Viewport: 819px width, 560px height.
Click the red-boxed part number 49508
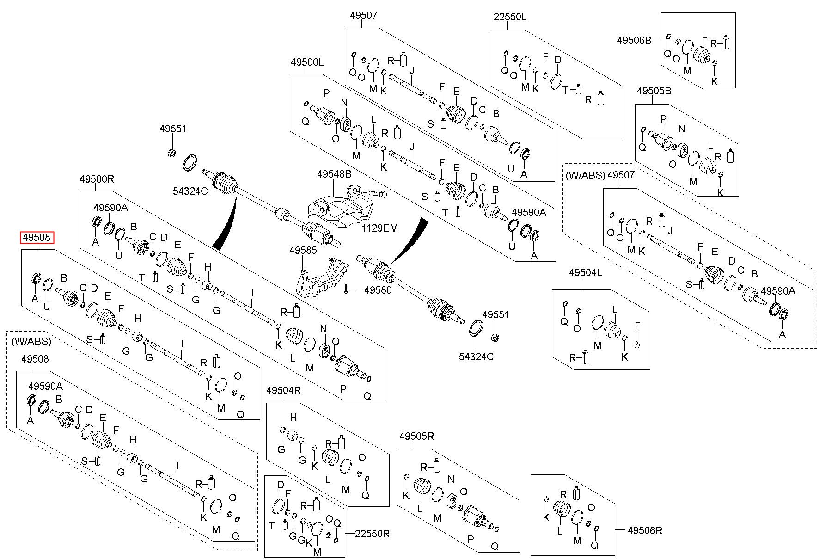point(37,238)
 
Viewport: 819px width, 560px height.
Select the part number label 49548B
point(334,174)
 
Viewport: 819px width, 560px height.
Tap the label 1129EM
point(379,228)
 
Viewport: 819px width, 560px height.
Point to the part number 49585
point(303,250)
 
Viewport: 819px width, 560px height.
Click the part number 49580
point(378,290)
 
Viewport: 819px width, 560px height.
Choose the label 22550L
point(510,17)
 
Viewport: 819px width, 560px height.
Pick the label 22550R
point(373,534)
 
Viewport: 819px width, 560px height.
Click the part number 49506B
point(634,40)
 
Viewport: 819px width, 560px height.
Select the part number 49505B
point(654,91)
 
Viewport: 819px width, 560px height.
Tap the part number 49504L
point(586,273)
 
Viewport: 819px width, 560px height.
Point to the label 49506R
point(645,531)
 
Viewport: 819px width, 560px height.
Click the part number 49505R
point(417,436)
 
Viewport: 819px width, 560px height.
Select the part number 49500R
point(96,179)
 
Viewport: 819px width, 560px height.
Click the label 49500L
point(307,62)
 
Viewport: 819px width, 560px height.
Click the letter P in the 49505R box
point(471,539)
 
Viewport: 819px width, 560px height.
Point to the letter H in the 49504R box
point(293,418)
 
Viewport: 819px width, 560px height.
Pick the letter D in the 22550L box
point(558,60)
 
